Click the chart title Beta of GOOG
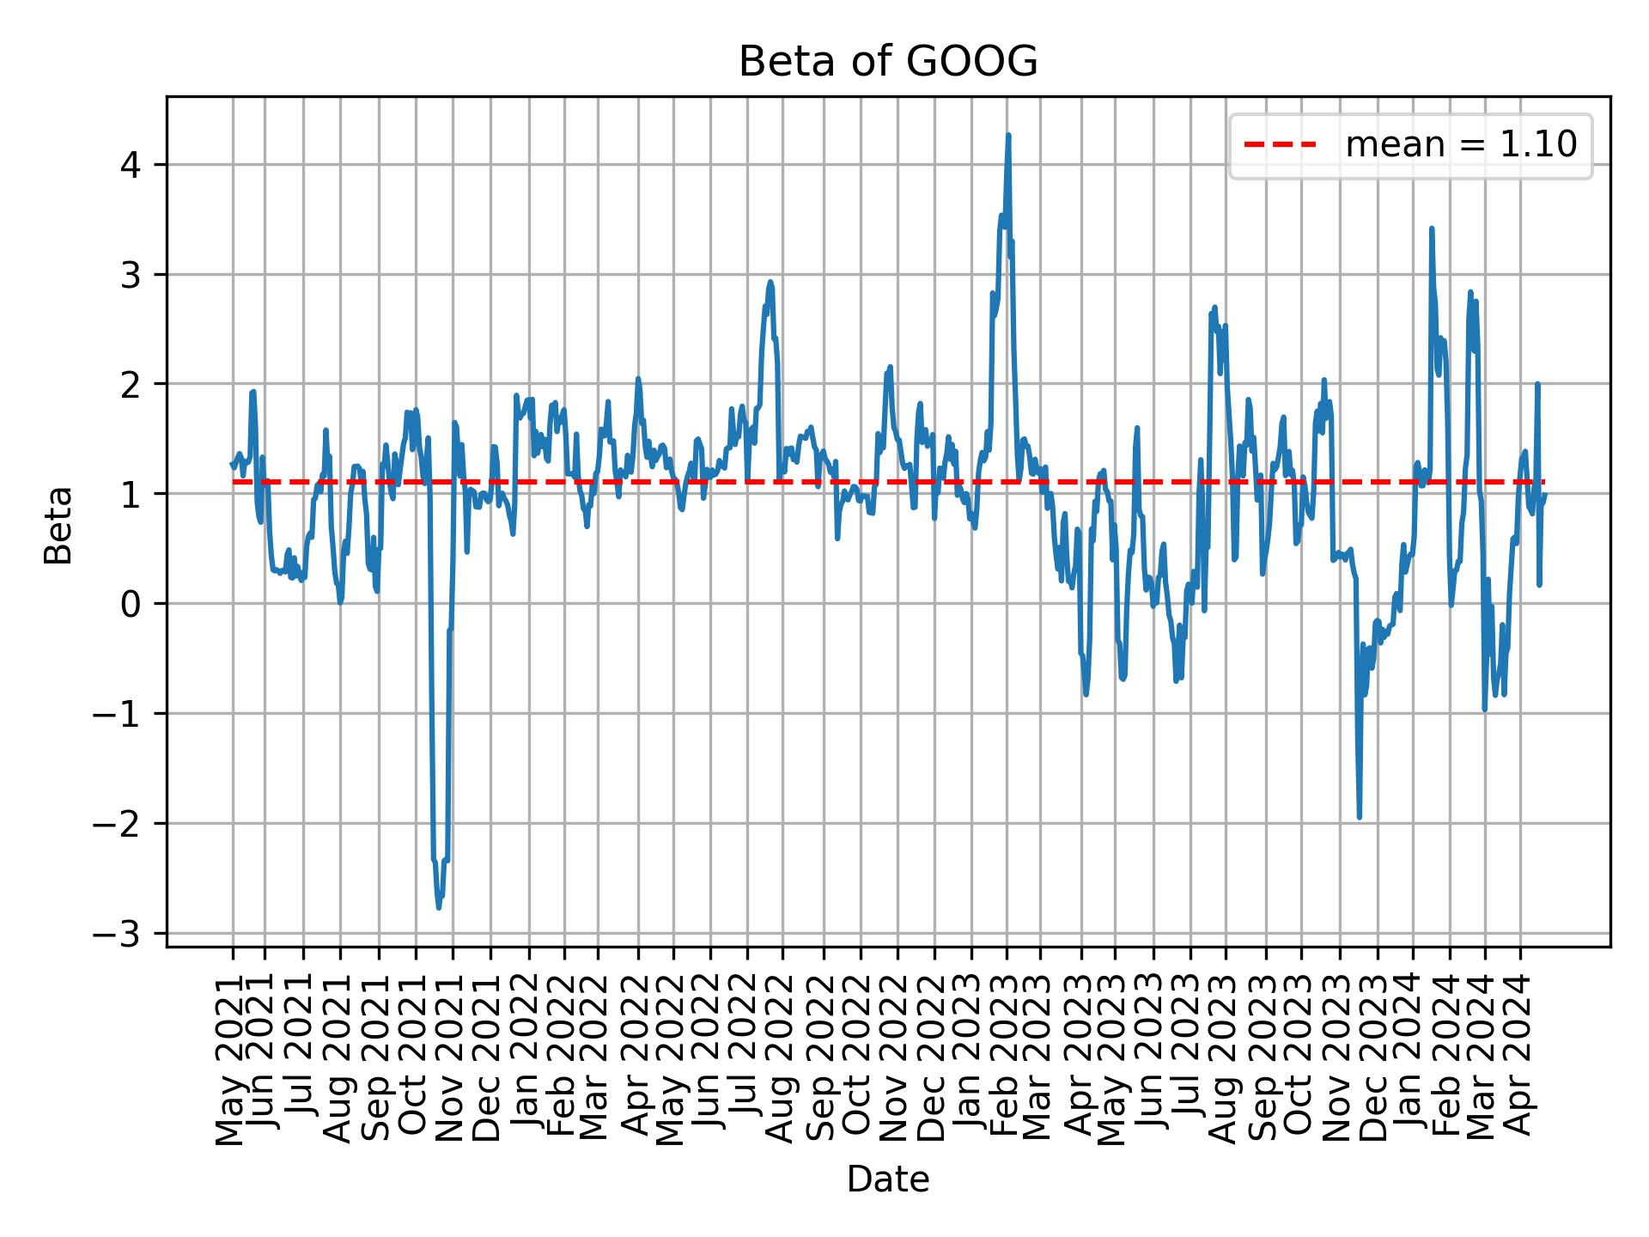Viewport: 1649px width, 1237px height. coord(888,62)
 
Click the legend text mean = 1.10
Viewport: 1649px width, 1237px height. coord(1461,145)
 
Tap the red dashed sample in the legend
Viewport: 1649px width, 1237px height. coord(1280,145)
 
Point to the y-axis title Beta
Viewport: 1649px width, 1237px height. coord(58,525)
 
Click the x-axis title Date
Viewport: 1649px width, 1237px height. coord(888,1179)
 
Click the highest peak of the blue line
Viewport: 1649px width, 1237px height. coord(1008,135)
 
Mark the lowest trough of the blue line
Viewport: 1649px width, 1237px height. coord(439,907)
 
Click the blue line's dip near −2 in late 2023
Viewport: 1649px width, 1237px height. coord(1359,817)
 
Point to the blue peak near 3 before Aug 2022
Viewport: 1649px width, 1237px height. coord(770,282)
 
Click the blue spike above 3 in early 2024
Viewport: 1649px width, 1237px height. coord(1431,229)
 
